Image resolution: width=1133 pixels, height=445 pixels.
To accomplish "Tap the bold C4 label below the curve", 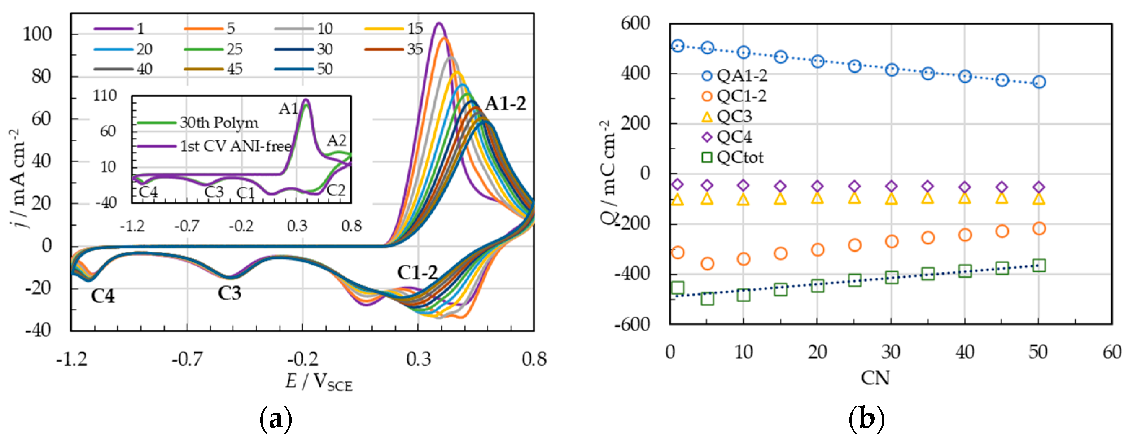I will pos(102,296).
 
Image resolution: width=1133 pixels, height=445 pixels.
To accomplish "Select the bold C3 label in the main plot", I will pos(229,293).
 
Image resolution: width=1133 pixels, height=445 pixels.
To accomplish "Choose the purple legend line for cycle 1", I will pos(113,29).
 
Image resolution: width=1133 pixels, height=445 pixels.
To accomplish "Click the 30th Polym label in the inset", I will pos(219,123).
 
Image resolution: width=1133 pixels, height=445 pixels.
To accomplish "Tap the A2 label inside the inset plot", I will pos(336,141).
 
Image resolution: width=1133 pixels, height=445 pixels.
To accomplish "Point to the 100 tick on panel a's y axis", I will pos(38,34).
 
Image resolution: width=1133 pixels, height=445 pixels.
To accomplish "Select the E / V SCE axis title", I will pos(319,382).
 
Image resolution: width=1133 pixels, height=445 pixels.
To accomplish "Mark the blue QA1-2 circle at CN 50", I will pos(1039,82).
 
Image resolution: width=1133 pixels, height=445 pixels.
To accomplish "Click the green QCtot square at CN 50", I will pos(1039,266).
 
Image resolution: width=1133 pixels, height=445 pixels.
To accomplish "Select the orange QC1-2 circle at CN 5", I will pos(707,264).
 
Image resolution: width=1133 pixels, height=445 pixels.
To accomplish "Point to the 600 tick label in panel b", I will pos(635,23).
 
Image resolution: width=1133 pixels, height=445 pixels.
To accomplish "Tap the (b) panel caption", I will pos(866,419).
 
